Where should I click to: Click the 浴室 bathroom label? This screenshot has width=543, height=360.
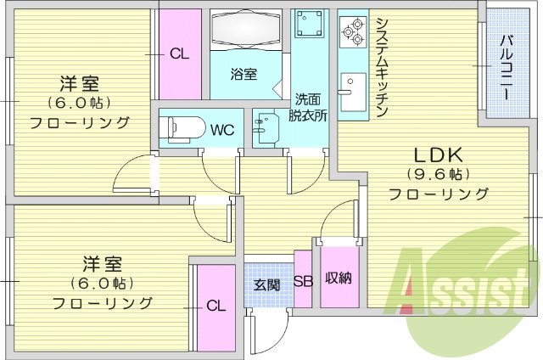pyautogui.click(x=244, y=74)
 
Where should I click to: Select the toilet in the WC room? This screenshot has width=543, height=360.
pyautogui.click(x=181, y=127)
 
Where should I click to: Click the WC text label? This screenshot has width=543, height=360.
pyautogui.click(x=222, y=131)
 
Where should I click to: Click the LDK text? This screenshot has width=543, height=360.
pyautogui.click(x=437, y=155)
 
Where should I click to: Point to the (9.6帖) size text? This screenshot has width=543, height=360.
pyautogui.click(x=437, y=175)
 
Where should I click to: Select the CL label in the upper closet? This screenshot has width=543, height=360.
pyautogui.click(x=178, y=54)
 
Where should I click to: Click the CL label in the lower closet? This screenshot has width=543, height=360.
pyautogui.click(x=216, y=307)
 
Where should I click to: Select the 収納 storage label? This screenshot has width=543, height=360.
pyautogui.click(x=338, y=278)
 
